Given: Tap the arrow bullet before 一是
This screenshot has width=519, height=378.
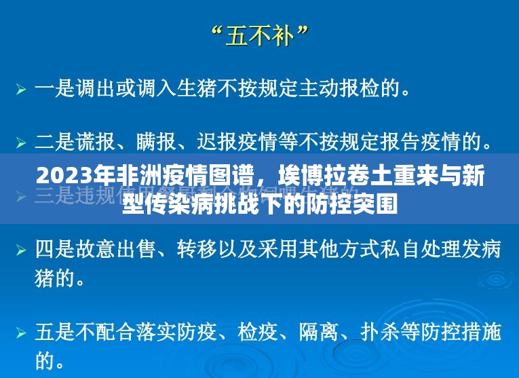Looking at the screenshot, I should pos(22,89).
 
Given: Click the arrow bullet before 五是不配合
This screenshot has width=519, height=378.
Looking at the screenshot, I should pos(22,333).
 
